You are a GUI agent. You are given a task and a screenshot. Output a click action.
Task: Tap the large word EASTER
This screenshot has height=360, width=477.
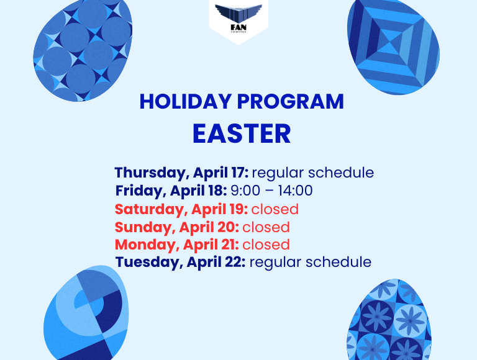click(x=242, y=133)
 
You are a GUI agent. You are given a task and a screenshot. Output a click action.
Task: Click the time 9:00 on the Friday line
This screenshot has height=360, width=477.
click(x=245, y=191)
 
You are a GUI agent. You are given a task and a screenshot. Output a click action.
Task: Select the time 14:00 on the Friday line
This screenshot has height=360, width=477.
click(x=295, y=191)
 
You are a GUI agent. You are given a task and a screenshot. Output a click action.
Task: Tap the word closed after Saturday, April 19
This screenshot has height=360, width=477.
click(x=275, y=209)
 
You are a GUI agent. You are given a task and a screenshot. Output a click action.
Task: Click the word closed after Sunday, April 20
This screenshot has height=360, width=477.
click(x=266, y=227)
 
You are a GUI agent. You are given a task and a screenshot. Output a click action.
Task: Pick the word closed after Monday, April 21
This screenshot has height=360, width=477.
click(x=266, y=245)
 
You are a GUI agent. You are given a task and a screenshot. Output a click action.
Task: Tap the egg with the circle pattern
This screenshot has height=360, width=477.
click(x=83, y=50)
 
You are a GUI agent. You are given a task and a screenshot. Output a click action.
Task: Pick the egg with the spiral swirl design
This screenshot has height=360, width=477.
click(x=86, y=314)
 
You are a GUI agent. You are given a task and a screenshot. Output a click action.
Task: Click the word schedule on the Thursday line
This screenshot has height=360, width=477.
click(x=341, y=173)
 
